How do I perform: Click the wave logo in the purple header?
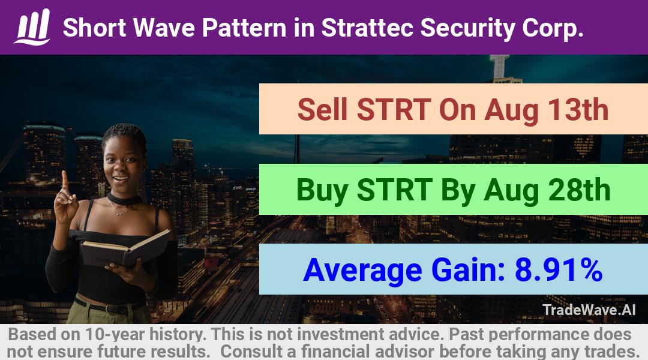[x=32, y=27]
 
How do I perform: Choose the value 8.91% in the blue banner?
[x=558, y=270]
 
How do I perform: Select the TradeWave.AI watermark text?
[x=589, y=310]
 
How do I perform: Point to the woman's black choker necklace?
[x=125, y=199]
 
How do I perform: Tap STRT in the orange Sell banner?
[x=394, y=110]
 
